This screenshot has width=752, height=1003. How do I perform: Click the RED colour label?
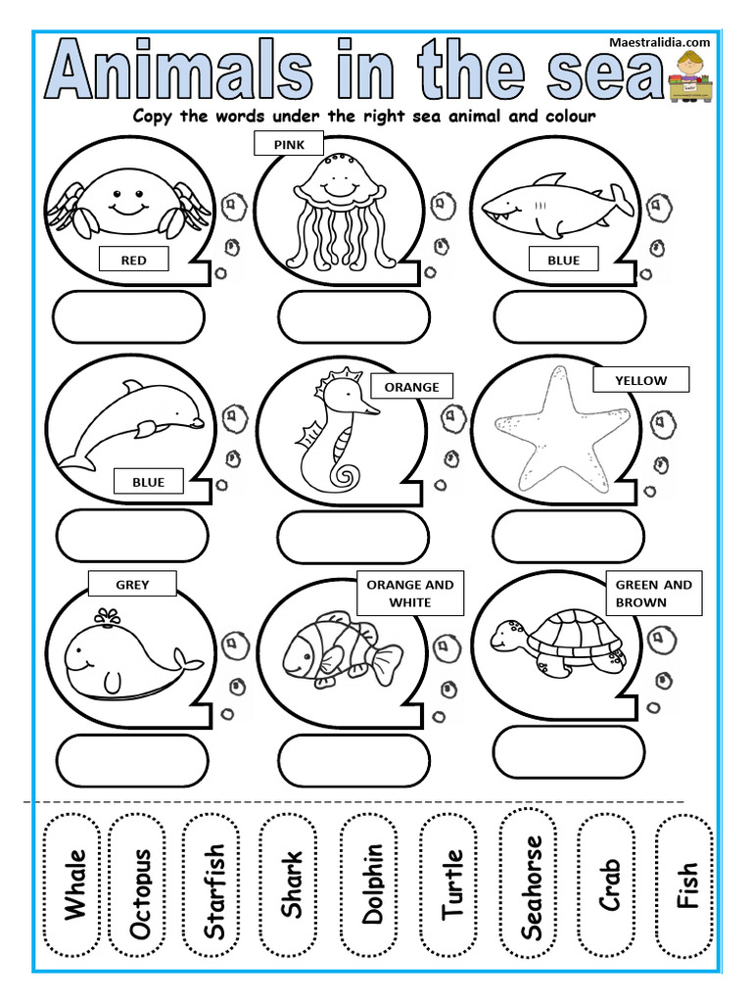133,260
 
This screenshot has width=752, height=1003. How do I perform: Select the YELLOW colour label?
640,380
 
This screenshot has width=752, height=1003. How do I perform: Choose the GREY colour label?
132,585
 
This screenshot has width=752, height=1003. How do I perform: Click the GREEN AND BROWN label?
653,594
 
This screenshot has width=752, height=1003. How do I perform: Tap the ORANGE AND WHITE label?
409,594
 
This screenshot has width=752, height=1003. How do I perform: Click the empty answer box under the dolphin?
132,536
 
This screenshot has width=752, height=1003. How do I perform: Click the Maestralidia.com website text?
659,43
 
